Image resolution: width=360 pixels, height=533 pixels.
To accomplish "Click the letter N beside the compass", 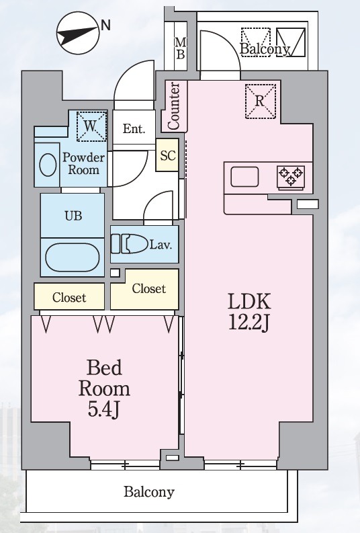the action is tap(105, 25).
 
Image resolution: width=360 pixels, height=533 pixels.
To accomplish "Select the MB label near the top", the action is tap(181, 48).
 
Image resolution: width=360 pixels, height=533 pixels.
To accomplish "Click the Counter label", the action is tap(173, 106).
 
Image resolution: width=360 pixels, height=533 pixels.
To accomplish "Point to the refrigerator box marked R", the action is tap(260, 101).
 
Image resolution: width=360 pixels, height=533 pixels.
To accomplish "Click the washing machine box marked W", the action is tap(91, 126).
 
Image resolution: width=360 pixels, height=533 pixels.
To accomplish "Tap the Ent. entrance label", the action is tap(134, 129).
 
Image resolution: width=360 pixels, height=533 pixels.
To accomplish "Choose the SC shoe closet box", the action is tap(167, 155).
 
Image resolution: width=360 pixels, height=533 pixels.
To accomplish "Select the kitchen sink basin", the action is tap(244, 177).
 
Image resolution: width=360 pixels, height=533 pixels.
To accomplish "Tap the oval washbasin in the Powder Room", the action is tap(48, 165).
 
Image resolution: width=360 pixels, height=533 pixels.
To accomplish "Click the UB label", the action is tap(73, 216).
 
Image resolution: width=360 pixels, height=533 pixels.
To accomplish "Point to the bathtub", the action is tap(73, 257).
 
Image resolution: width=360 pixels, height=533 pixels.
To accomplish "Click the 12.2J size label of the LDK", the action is tap(249, 322).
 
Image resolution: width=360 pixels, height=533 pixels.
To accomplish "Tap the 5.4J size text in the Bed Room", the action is tap(103, 410).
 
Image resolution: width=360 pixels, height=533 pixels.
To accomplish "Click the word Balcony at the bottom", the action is tap(148, 492).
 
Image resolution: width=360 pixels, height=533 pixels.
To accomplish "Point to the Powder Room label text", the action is tap(83, 163).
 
